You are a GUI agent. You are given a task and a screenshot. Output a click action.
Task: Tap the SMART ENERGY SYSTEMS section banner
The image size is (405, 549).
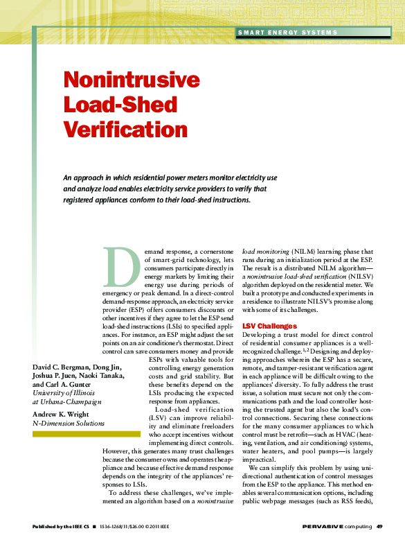[x=287, y=33]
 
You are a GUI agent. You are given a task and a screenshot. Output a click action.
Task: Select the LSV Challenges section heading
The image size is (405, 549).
[x=269, y=326]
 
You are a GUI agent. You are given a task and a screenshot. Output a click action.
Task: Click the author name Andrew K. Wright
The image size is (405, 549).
[x=65, y=414]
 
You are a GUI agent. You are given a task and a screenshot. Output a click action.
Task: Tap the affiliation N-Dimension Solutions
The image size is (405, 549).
[x=69, y=423]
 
